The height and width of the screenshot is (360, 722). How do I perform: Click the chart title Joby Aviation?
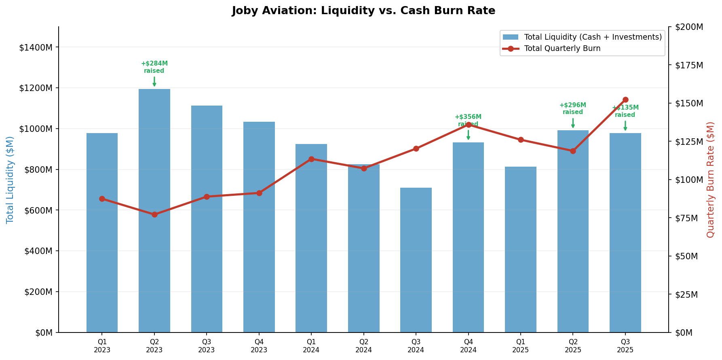(x=363, y=11)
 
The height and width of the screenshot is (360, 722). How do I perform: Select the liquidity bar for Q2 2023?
(x=154, y=210)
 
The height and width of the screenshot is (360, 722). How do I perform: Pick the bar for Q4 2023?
(x=259, y=227)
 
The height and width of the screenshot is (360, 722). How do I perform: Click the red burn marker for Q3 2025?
(x=625, y=100)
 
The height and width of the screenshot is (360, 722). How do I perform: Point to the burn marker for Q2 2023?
(x=154, y=214)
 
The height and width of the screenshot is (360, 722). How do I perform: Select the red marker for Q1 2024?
(x=311, y=159)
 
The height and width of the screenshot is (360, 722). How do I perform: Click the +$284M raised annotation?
(x=154, y=67)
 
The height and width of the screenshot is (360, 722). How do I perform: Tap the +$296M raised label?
(x=573, y=108)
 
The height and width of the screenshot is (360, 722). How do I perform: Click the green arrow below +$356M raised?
(x=468, y=135)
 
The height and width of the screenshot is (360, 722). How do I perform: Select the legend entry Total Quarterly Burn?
(x=562, y=49)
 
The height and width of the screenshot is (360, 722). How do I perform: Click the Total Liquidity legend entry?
(x=592, y=37)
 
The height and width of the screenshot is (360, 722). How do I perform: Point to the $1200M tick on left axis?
(x=36, y=88)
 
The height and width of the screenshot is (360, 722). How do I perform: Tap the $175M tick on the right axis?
(x=689, y=65)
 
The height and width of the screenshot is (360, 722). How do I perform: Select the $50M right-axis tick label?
(x=688, y=256)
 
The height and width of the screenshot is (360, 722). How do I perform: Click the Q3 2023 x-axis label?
(x=207, y=346)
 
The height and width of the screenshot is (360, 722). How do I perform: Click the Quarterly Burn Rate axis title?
(x=710, y=180)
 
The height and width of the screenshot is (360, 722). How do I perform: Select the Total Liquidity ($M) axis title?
(x=10, y=180)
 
